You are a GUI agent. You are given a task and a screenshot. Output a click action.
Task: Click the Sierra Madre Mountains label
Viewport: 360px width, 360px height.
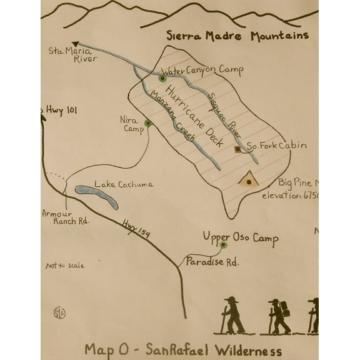point(237,36)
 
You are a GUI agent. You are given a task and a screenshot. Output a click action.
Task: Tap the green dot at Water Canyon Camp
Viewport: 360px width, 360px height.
point(162,79)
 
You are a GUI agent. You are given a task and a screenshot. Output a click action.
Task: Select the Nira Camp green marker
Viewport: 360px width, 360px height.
point(147,123)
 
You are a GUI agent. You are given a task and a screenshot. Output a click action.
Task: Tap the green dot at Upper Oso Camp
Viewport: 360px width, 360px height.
point(223,245)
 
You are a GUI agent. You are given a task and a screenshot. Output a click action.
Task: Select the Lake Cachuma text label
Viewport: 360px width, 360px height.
point(123,184)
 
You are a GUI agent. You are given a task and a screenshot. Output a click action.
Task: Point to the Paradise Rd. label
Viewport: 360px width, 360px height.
point(212,262)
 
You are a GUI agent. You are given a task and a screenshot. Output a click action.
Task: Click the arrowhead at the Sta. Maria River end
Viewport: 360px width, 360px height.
point(67,43)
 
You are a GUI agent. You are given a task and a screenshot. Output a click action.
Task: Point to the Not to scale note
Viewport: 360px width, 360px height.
point(64,266)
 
